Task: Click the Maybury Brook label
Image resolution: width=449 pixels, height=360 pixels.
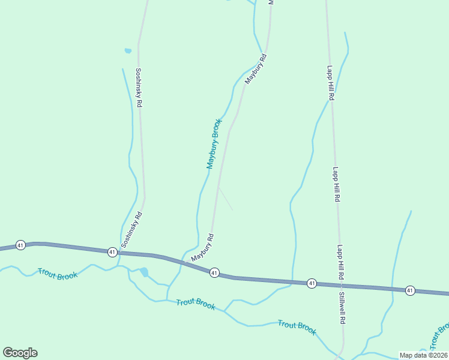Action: (x=214, y=143)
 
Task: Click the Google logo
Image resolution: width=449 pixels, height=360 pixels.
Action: (x=20, y=353)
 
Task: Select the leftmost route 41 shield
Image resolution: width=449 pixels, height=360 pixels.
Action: (x=20, y=245)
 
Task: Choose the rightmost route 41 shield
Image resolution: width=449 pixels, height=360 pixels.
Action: (x=410, y=290)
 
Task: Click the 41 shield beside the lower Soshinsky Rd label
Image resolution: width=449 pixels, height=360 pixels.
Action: (x=112, y=252)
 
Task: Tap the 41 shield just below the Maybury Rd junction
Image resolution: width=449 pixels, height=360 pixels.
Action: (x=214, y=273)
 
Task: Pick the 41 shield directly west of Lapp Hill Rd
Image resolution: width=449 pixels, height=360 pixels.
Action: (x=312, y=283)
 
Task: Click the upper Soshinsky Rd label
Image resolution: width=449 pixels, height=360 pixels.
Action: (x=138, y=87)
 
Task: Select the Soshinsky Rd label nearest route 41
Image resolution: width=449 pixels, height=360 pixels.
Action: (x=131, y=229)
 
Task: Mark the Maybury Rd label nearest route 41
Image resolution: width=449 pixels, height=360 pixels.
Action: (x=203, y=247)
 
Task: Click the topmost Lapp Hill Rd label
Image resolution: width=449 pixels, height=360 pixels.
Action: (x=330, y=83)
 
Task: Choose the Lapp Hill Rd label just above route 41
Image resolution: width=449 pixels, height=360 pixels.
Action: (x=340, y=262)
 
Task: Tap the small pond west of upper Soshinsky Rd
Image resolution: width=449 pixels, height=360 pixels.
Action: (x=127, y=51)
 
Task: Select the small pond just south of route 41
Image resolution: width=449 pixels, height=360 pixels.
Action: (x=144, y=272)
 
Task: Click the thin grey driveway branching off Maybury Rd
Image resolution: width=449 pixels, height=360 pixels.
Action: (x=226, y=199)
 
